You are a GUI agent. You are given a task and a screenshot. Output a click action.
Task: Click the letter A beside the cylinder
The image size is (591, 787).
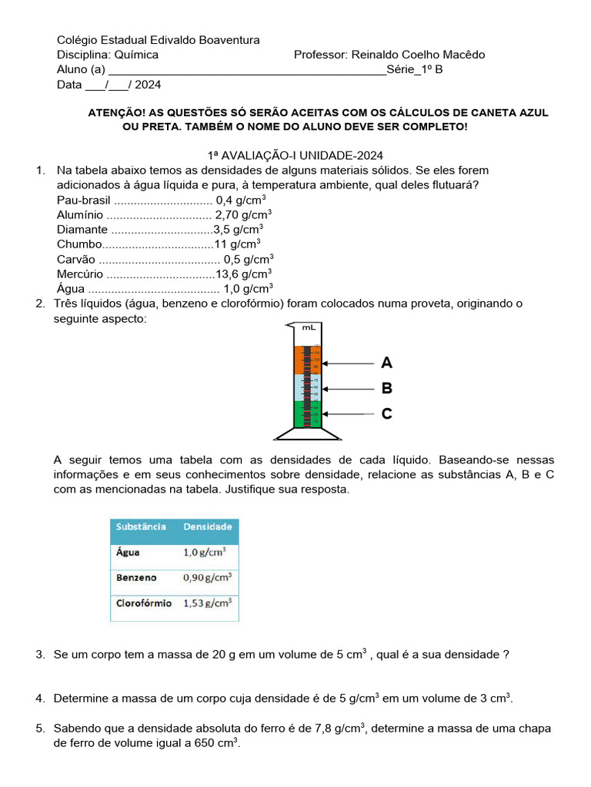386,363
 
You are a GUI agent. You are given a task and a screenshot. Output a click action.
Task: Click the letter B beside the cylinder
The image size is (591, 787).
386,388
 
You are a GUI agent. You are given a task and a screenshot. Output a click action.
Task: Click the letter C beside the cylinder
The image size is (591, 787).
386,414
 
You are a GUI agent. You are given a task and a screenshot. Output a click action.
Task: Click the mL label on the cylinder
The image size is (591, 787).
309,327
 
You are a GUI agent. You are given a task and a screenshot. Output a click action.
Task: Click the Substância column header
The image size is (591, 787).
141,527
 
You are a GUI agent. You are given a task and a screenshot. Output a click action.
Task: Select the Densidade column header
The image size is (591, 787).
207,527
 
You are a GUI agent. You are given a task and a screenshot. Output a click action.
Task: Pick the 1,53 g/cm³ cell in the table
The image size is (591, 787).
207,603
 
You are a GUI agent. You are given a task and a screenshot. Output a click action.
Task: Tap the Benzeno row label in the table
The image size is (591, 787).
136,577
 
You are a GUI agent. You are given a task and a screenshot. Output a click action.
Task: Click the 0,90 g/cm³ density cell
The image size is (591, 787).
207,577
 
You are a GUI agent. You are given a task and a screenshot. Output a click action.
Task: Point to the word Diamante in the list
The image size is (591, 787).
82,229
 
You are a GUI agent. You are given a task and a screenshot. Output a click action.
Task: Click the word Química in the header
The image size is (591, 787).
136,55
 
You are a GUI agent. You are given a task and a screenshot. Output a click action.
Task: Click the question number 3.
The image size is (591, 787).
40,655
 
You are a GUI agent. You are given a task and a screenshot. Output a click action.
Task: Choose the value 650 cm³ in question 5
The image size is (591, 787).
219,743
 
